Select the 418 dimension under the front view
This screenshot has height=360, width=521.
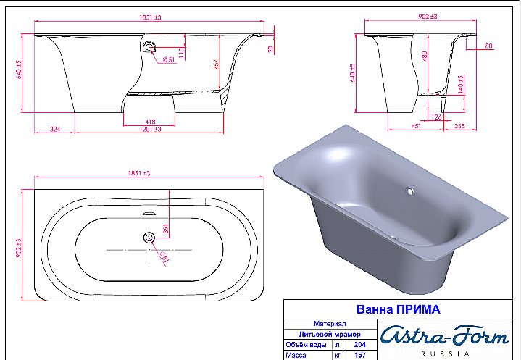[150, 122]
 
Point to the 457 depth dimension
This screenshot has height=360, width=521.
[215, 64]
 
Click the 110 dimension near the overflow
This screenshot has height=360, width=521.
[183, 52]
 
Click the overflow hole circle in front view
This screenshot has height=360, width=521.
[150, 47]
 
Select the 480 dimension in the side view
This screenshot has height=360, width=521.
[424, 55]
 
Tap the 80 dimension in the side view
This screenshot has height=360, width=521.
[489, 46]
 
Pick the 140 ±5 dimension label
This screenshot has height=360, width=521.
[460, 83]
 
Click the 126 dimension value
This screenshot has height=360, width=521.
[436, 117]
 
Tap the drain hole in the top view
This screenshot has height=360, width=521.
[150, 238]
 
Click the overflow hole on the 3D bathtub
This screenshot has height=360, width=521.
[409, 193]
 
